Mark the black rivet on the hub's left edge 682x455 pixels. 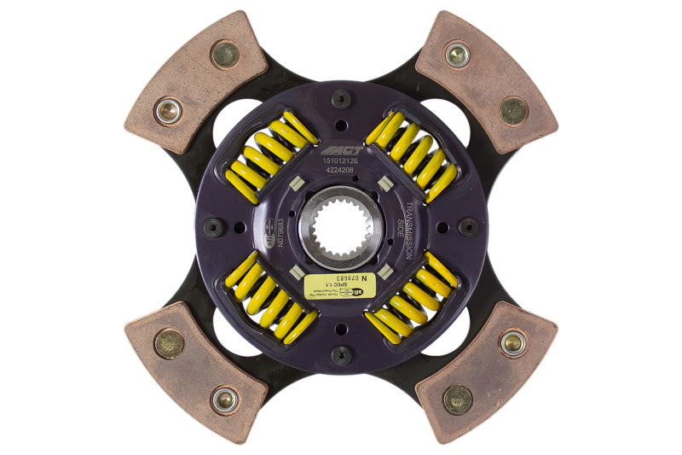(213, 227)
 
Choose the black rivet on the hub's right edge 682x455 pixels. (469, 227)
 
